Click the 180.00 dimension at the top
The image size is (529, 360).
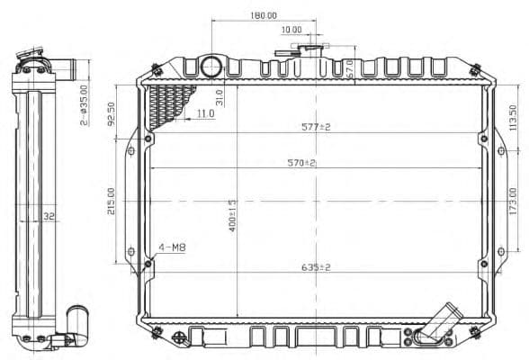pyautogui.click(x=264, y=15)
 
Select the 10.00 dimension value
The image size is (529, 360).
pyautogui.click(x=291, y=30)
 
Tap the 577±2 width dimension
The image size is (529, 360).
pyautogui.click(x=316, y=127)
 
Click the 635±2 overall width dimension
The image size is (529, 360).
pyautogui.click(x=316, y=267)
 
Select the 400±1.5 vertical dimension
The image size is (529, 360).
pyautogui.click(x=232, y=216)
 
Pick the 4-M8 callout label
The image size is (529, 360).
pyautogui.click(x=172, y=247)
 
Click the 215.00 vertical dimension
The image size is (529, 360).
pyautogui.click(x=112, y=200)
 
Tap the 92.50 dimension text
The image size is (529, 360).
pyautogui.click(x=112, y=113)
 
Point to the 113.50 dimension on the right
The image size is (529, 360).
pyautogui.click(x=513, y=116)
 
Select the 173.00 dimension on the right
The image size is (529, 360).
pyautogui.click(x=513, y=201)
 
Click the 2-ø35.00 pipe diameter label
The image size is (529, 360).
pyautogui.click(x=85, y=103)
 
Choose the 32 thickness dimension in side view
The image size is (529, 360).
pyautogui.click(x=49, y=216)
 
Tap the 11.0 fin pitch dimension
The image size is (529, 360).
pyautogui.click(x=205, y=114)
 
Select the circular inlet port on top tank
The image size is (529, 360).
pyautogui.click(x=211, y=66)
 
